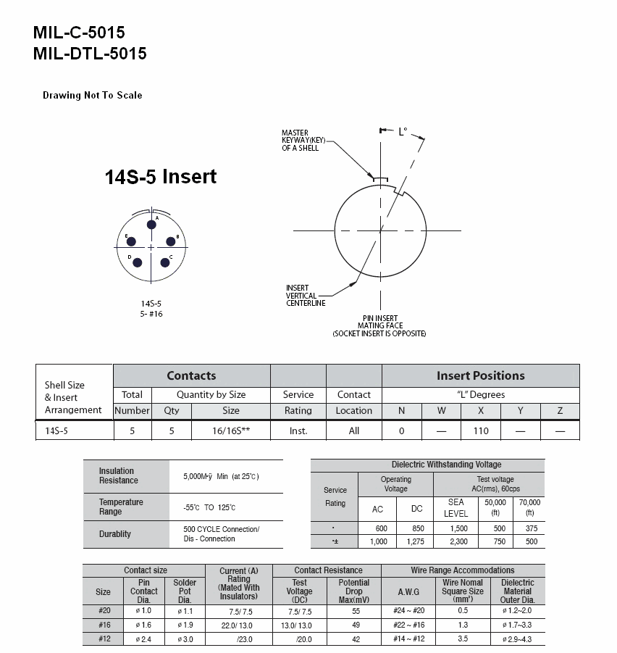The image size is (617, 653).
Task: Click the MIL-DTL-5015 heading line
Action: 90,54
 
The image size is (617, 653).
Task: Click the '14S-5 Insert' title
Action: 161,176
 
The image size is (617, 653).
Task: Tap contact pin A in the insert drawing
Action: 151,225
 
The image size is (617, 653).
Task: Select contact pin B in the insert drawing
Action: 171,241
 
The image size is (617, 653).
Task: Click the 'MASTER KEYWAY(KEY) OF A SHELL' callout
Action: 300,140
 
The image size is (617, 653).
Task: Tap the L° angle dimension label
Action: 402,131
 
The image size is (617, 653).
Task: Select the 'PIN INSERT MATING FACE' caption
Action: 379,325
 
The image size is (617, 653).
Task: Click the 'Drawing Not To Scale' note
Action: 92,95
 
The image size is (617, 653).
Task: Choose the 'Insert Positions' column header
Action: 480,375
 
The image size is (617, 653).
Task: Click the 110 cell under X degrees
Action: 481,431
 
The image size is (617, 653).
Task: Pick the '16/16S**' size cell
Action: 230,431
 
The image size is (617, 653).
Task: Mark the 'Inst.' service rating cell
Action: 298,431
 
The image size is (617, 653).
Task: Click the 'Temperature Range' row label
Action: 121,507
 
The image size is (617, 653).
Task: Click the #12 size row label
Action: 104,639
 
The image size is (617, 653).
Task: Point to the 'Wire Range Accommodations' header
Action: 462,570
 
